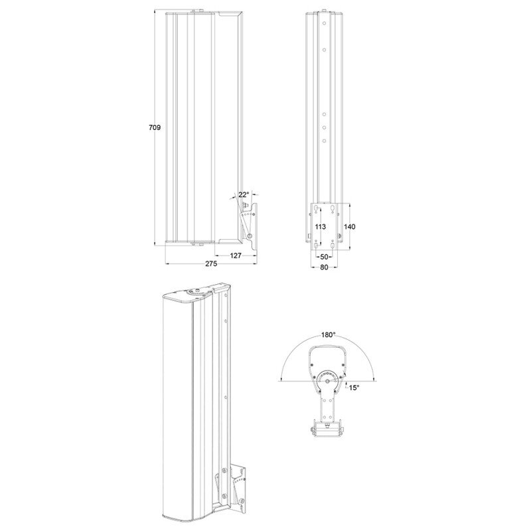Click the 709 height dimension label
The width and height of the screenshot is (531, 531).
coord(155,127)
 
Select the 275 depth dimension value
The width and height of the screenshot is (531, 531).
coord(211,264)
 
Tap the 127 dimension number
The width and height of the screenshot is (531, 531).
coord(236,256)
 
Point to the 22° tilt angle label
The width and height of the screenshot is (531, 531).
coord(244,194)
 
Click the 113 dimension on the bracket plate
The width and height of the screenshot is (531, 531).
coord(321,226)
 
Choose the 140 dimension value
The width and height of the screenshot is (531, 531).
coord(350,226)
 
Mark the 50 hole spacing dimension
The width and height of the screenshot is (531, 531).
coord(324,257)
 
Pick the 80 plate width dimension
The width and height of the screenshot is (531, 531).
coord(324,267)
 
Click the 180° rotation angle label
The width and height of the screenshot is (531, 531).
coord(328,335)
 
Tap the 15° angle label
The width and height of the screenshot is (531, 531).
coord(354,388)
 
